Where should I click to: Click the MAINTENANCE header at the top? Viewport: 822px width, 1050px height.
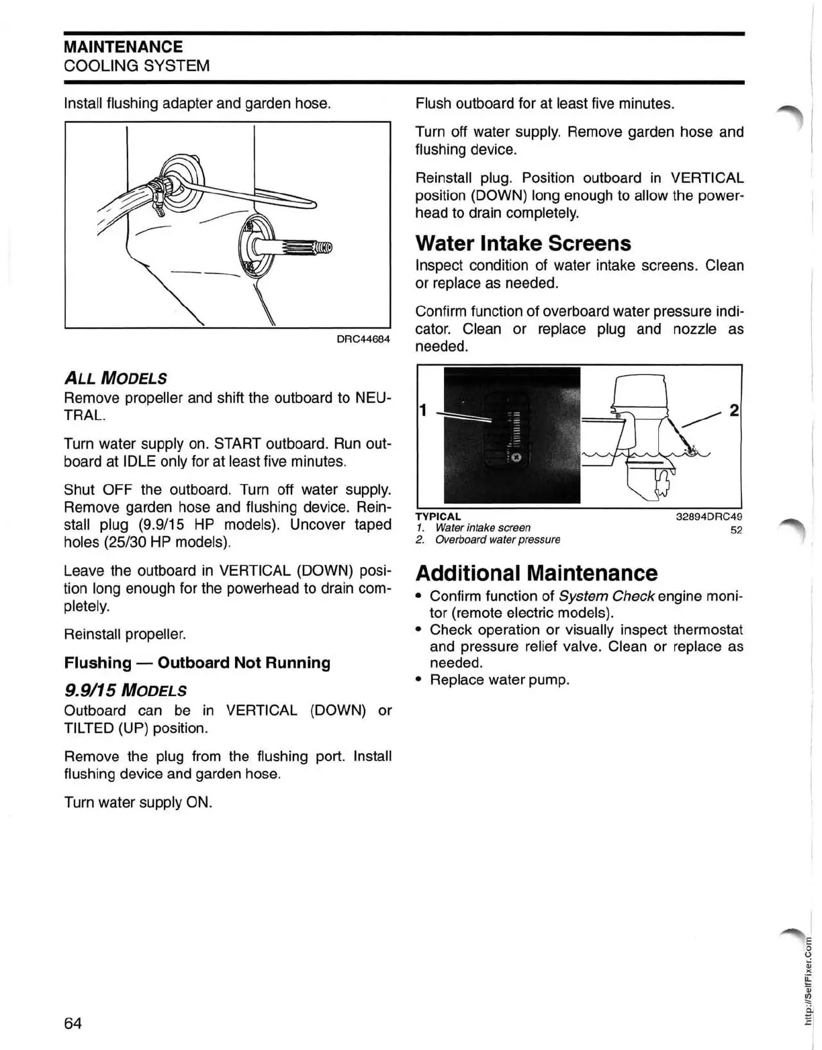[123, 47]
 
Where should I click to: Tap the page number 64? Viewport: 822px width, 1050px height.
[73, 1023]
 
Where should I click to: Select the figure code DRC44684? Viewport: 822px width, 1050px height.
[363, 339]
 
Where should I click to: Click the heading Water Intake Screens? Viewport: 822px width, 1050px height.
[522, 243]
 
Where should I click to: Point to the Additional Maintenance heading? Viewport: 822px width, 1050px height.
[536, 573]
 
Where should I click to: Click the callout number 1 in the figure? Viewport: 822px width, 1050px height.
[423, 410]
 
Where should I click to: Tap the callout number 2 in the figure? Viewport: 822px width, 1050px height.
[733, 410]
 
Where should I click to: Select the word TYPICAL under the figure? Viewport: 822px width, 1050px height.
[438, 517]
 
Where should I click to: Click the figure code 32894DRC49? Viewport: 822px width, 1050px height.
[709, 517]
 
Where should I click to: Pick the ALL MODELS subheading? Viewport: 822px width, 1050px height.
[115, 378]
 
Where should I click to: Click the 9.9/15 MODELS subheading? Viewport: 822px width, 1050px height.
[125, 691]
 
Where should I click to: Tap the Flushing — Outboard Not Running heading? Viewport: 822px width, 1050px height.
[197, 663]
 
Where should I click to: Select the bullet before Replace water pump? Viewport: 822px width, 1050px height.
[418, 680]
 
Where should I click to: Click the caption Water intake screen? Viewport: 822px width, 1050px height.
[482, 528]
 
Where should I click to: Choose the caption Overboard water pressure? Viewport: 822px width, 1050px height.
[497, 540]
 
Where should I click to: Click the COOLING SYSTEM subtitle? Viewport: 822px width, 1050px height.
[136, 66]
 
